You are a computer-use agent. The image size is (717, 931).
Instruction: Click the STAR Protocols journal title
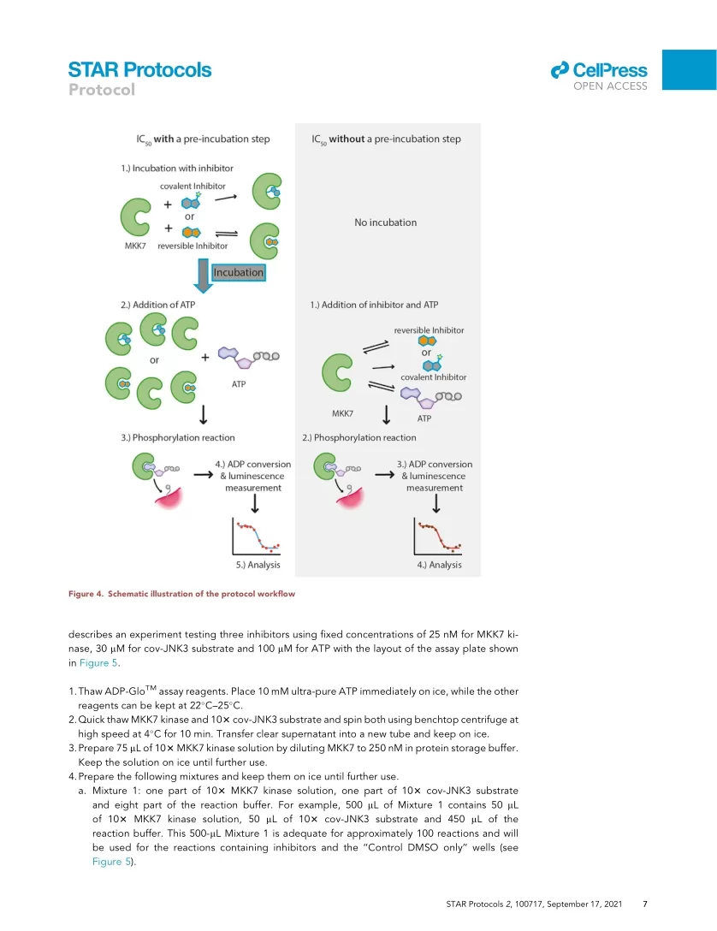point(139,69)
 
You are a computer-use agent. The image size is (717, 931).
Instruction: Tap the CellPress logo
point(599,69)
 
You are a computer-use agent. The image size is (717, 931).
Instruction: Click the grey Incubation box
point(239,272)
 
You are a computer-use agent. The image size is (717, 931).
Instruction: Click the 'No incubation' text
point(385,222)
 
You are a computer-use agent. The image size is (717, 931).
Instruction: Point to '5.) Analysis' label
point(258,565)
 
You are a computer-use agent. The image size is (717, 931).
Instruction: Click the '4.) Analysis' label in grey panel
point(439,565)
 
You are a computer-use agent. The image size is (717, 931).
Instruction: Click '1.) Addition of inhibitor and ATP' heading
point(375,305)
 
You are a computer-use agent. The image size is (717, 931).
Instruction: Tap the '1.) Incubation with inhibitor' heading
point(177,168)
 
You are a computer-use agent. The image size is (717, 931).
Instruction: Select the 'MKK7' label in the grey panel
point(342,413)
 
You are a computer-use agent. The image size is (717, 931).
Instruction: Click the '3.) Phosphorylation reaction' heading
point(178,438)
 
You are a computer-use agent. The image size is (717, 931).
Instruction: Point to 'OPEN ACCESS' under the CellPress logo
point(610,86)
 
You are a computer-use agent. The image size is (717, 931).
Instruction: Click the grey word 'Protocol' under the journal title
point(102,90)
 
